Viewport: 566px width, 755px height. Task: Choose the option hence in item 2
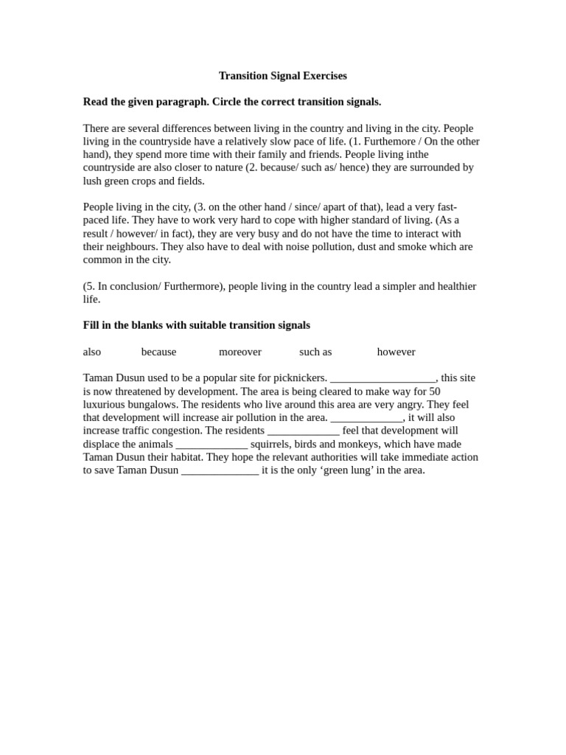pos(352,168)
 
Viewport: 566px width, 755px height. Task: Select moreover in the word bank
pos(240,352)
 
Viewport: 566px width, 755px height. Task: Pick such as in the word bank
pos(315,352)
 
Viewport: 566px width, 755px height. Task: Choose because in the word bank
pos(159,352)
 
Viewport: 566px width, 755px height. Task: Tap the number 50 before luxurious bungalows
pos(434,392)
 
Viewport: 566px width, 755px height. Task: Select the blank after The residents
pos(303,431)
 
